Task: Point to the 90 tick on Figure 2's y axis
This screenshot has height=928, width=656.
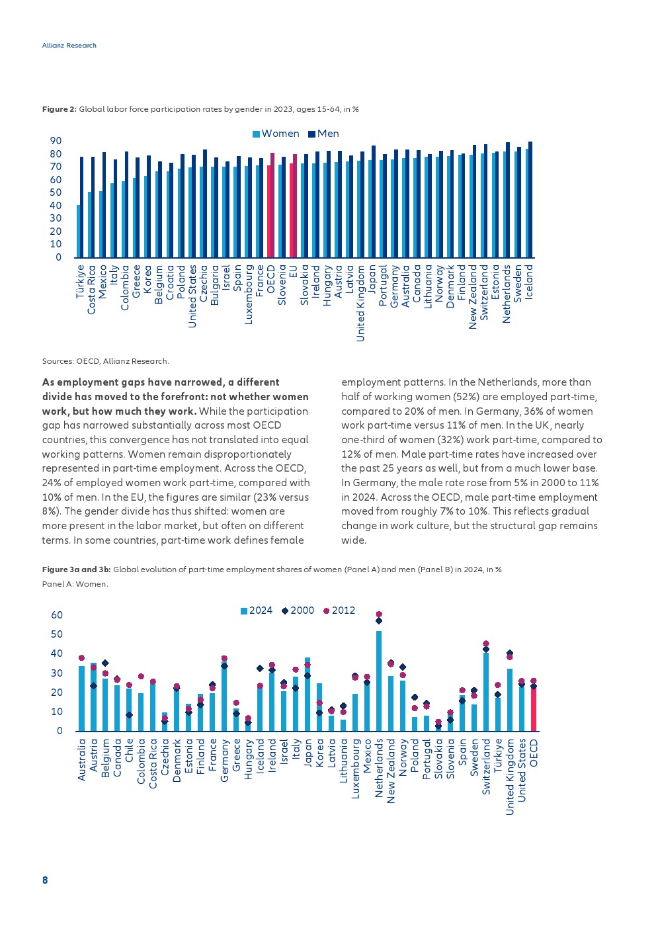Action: pos(56,141)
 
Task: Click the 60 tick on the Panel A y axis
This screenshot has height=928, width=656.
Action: pos(57,615)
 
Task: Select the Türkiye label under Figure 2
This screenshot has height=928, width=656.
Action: pos(81,282)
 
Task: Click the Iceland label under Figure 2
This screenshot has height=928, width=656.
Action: pos(529,282)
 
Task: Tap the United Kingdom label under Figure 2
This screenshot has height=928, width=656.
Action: pos(360,304)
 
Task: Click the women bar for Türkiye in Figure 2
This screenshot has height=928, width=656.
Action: pos(79,231)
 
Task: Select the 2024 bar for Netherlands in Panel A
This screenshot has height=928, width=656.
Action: pos(379,681)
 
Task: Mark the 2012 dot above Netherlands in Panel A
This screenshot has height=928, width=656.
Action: pos(379,614)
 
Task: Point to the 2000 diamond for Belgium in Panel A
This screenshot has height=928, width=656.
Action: pos(105,663)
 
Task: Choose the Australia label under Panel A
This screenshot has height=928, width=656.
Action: pos(82,760)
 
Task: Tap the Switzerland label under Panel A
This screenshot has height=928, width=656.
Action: pos(486,767)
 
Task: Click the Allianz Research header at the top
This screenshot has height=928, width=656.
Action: pos(69,46)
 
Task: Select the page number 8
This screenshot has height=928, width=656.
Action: pos(45,880)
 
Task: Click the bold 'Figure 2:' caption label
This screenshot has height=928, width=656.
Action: pos(60,109)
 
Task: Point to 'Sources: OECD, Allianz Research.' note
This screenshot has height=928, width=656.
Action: pos(106,361)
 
